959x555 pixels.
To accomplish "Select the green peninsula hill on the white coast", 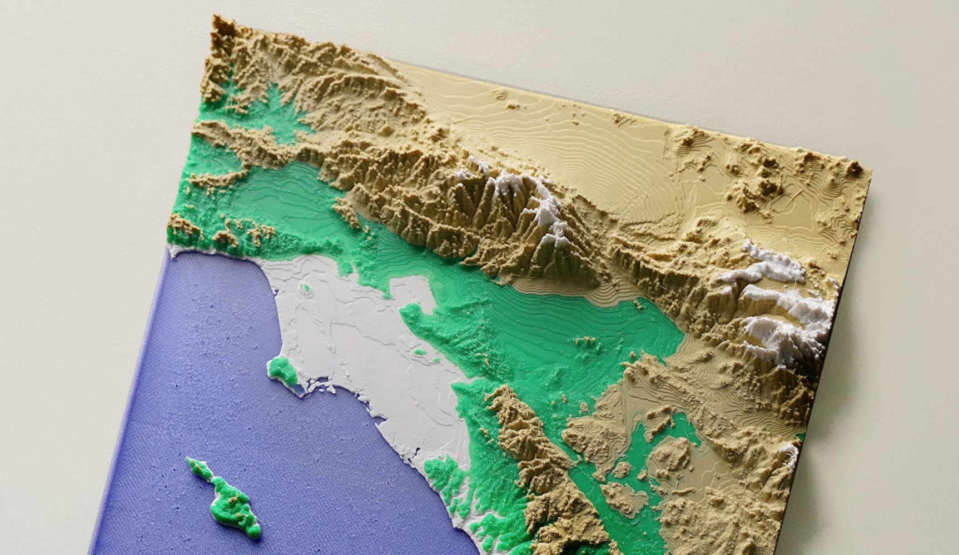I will point(281,369).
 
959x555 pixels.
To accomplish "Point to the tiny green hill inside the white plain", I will point(305,288).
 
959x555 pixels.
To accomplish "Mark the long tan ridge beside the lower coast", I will point(534,444).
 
